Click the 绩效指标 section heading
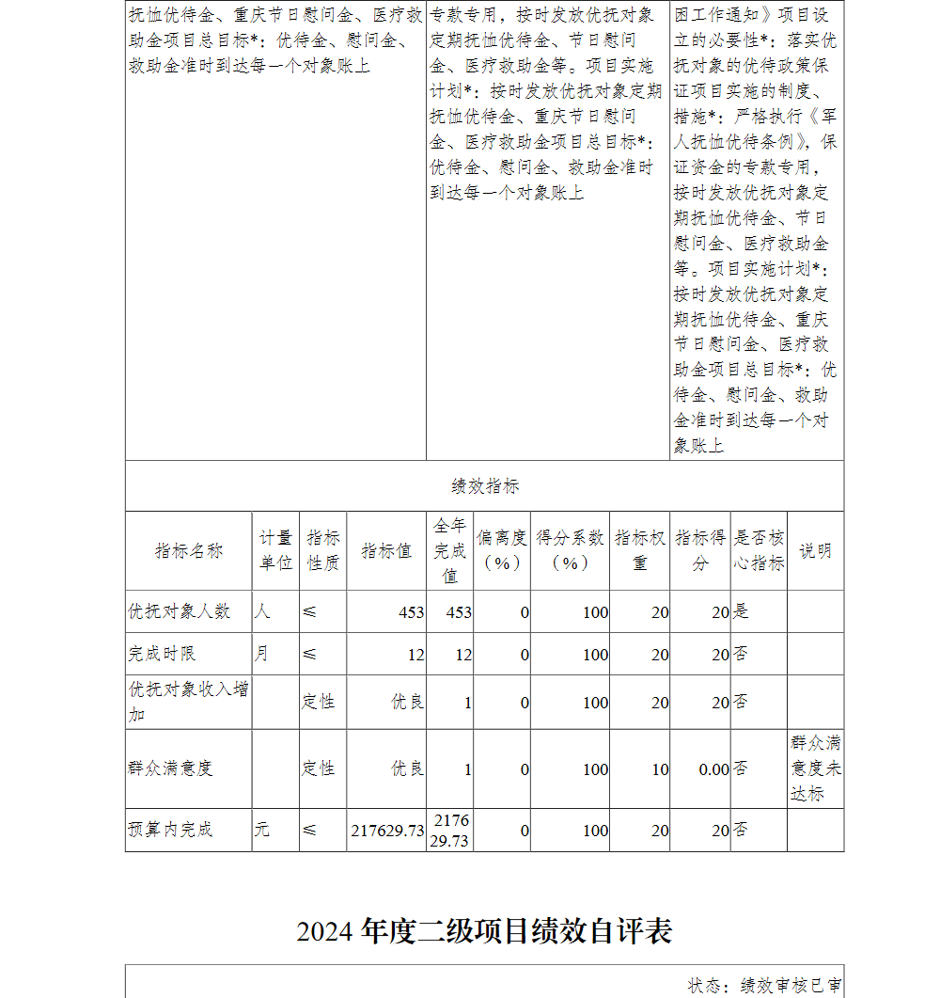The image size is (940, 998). (484, 486)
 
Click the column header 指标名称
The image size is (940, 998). (188, 551)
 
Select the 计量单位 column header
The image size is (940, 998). (275, 550)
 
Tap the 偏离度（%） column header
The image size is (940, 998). (502, 550)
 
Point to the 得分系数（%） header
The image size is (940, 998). (570, 550)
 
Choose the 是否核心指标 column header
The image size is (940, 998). (759, 550)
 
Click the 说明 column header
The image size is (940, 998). (815, 551)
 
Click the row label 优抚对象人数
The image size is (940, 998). (180, 611)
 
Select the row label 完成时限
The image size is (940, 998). (162, 654)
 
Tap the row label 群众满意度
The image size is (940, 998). (170, 768)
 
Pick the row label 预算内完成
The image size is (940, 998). (170, 830)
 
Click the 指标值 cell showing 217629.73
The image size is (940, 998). (387, 831)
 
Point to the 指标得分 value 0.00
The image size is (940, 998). (713, 769)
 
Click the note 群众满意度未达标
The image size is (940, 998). (815, 768)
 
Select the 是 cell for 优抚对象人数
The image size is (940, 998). (742, 611)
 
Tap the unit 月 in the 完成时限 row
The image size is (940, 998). (261, 653)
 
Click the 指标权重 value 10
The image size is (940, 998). (660, 769)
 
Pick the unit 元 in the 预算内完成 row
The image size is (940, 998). (262, 830)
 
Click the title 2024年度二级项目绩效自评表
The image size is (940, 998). (484, 931)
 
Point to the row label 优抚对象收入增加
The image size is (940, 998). (188, 702)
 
